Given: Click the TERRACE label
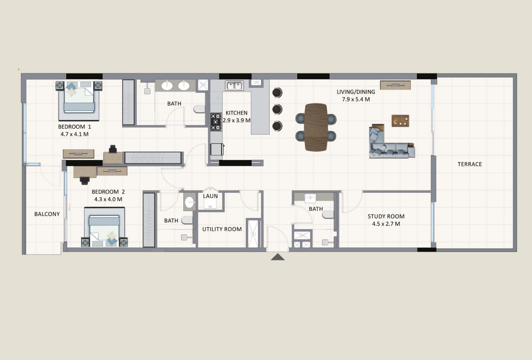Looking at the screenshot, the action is point(469,164).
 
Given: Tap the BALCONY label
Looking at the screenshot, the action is point(47,214).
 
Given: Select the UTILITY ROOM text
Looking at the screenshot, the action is point(222,229).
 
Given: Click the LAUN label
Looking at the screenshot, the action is point(210,196).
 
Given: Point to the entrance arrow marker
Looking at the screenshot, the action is point(277,257).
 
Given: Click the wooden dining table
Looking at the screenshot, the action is point(316,127).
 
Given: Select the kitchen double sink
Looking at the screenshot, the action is point(234,85).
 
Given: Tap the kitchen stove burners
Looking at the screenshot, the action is point(216,122).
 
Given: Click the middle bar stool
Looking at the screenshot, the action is point(277,109).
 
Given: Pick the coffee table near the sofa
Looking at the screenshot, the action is point(400,121).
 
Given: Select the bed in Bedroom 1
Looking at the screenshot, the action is point(79,100).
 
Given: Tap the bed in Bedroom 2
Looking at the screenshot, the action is point(104,227).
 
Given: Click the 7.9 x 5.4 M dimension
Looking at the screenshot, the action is point(356,99).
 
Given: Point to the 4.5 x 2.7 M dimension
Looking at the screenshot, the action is point(386,224).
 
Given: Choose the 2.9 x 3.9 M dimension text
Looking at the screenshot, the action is point(237,120).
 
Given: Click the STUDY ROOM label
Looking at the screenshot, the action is point(386,216).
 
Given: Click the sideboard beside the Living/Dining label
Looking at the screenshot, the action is point(395,85).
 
